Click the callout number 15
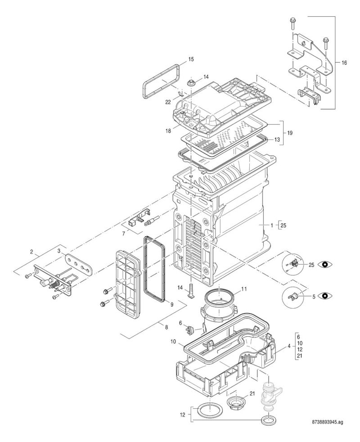click(191, 59)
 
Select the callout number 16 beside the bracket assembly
click(344, 63)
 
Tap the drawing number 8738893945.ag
click(328, 430)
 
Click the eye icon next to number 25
click(325, 264)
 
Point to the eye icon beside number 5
click(325, 296)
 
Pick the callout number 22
click(168, 102)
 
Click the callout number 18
click(168, 131)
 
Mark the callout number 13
click(277, 140)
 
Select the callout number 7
click(123, 234)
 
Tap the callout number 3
click(59, 251)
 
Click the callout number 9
click(172, 304)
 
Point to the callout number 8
click(166, 327)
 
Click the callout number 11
click(244, 289)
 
